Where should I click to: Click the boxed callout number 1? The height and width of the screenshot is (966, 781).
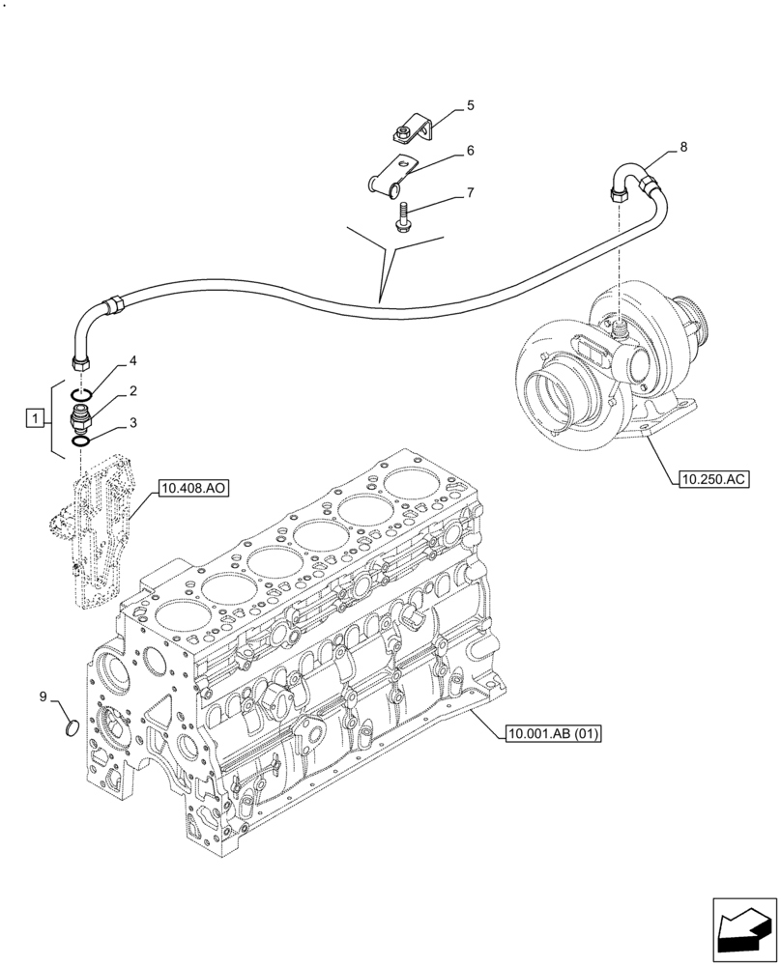[x=36, y=418]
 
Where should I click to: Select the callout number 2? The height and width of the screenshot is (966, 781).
[x=132, y=391]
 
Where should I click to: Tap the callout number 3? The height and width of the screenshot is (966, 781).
[x=132, y=422]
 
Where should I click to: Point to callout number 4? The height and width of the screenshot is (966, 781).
[x=132, y=361]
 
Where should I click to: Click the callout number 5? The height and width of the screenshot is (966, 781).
[x=470, y=105]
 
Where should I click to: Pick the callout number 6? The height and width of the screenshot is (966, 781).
[x=470, y=151]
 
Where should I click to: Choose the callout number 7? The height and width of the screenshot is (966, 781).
[x=470, y=192]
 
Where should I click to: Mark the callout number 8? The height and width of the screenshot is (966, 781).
[x=683, y=147]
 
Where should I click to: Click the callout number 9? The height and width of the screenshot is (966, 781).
[x=43, y=696]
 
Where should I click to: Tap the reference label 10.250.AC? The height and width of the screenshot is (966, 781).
[x=713, y=478]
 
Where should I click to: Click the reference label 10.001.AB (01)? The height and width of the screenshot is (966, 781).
[x=553, y=734]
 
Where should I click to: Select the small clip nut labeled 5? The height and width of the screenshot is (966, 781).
[x=407, y=130]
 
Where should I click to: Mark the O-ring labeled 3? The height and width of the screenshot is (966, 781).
[x=82, y=440]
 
